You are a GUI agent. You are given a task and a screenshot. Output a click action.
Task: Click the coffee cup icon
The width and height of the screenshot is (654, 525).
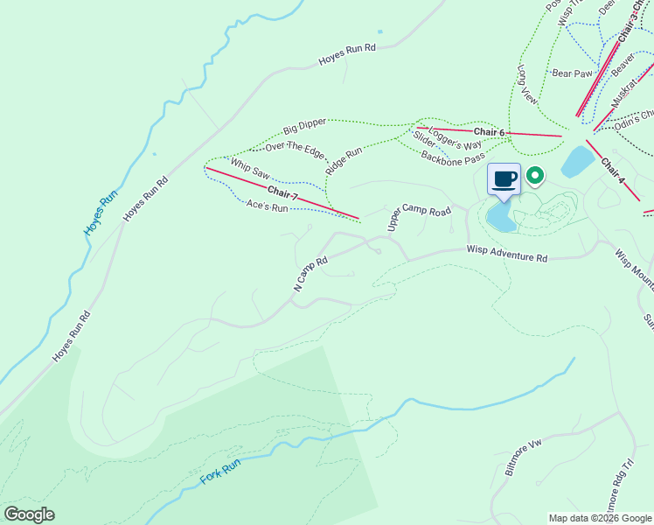504,179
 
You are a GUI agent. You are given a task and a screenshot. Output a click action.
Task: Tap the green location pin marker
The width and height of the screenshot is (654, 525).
533,176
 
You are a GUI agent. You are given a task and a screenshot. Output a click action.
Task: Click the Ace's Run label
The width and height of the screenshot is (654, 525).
267,207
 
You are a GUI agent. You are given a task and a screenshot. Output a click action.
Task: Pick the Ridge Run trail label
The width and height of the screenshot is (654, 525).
343,162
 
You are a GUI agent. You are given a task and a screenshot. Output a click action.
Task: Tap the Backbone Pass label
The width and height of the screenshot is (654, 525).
452,157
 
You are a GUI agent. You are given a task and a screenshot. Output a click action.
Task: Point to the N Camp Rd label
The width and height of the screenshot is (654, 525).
310,274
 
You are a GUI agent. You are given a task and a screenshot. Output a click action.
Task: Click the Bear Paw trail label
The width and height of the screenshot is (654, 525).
573,73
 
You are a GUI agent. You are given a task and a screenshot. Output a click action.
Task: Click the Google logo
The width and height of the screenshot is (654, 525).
30,514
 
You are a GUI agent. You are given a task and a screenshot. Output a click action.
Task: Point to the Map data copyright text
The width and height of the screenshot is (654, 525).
600,518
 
